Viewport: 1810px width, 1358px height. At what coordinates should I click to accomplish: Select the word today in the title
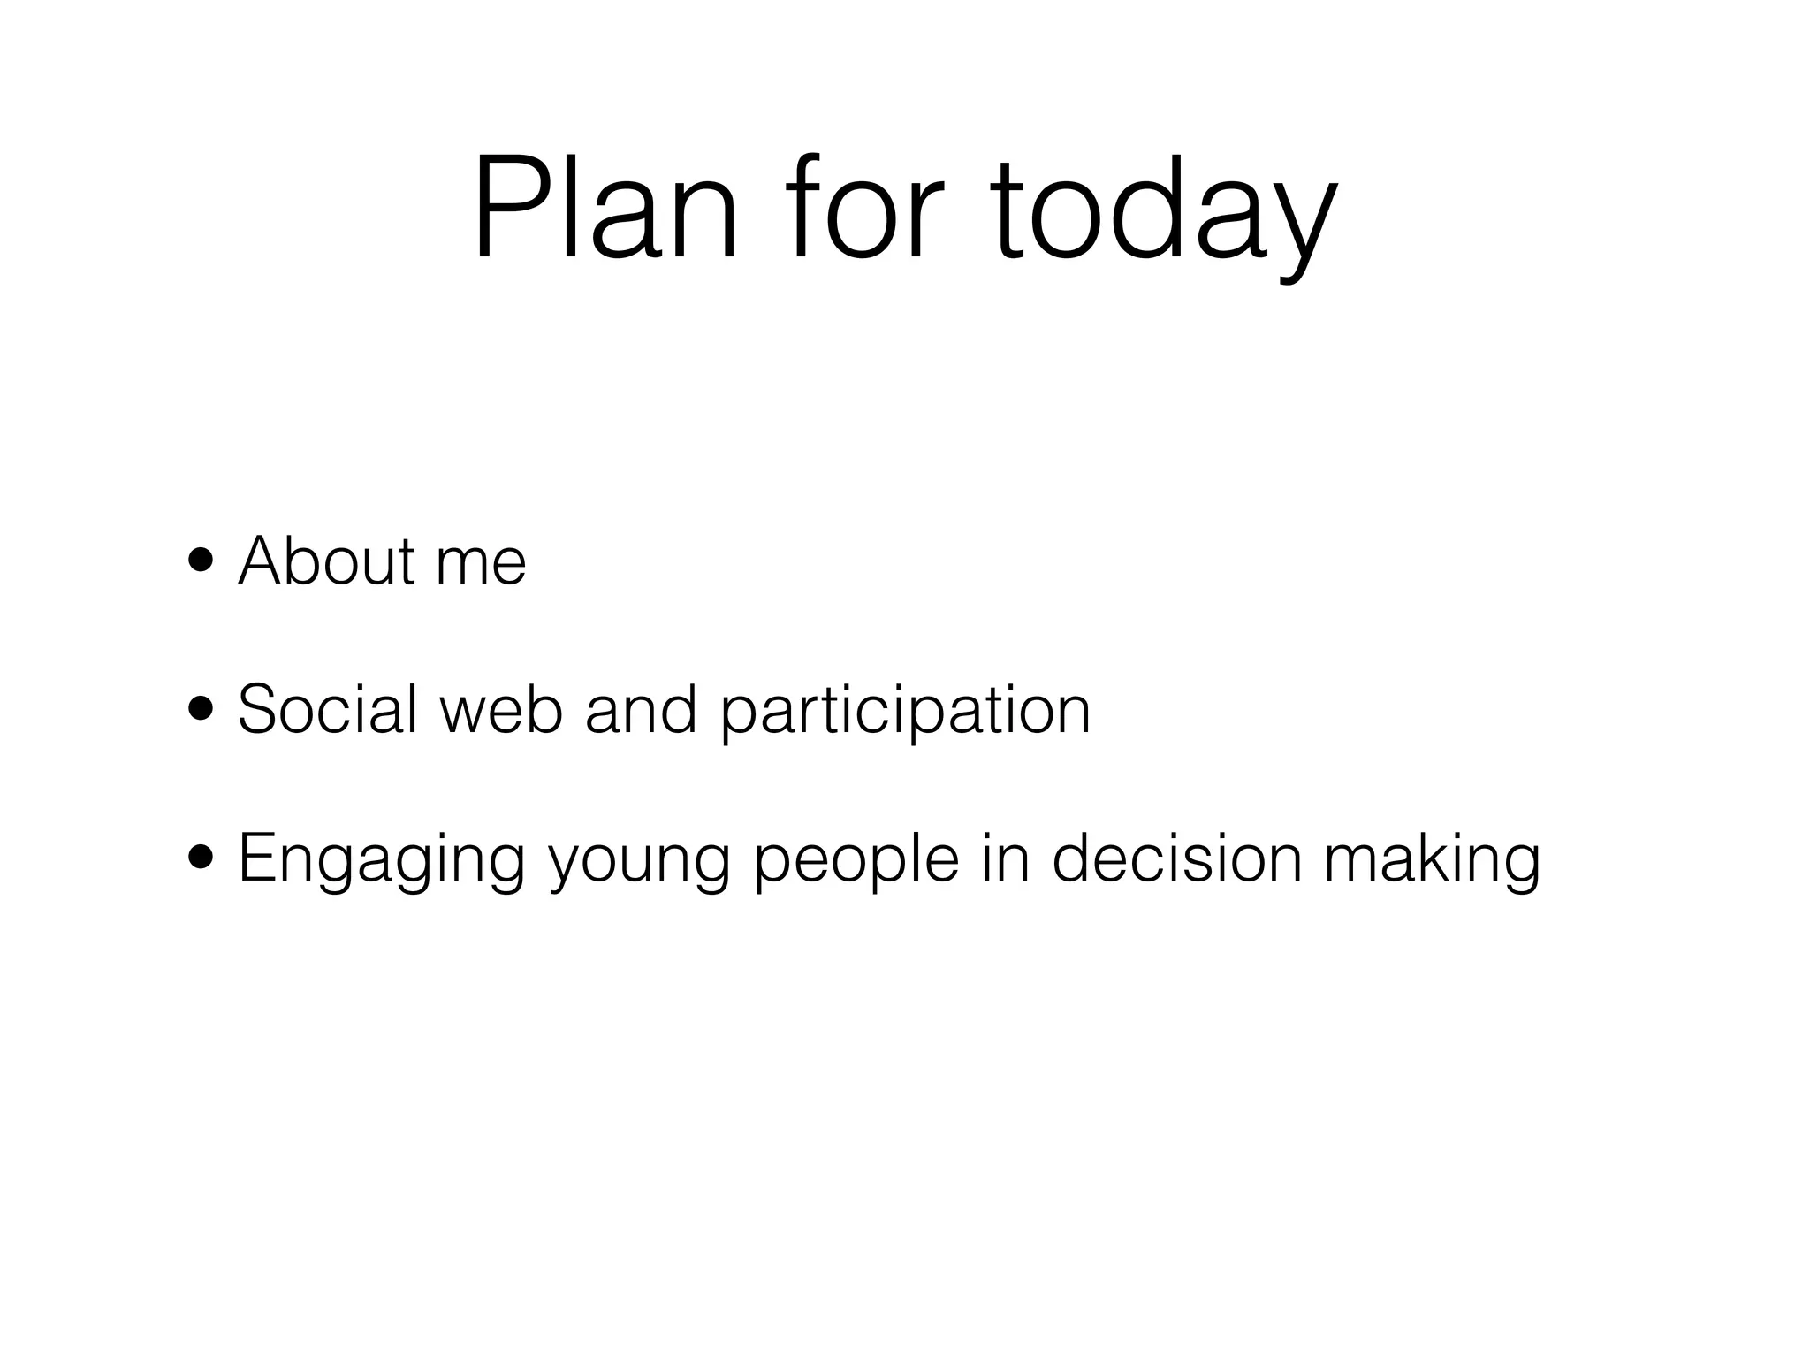(1162, 212)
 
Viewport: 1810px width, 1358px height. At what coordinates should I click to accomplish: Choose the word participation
(905, 713)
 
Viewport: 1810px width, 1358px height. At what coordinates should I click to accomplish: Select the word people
(856, 863)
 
